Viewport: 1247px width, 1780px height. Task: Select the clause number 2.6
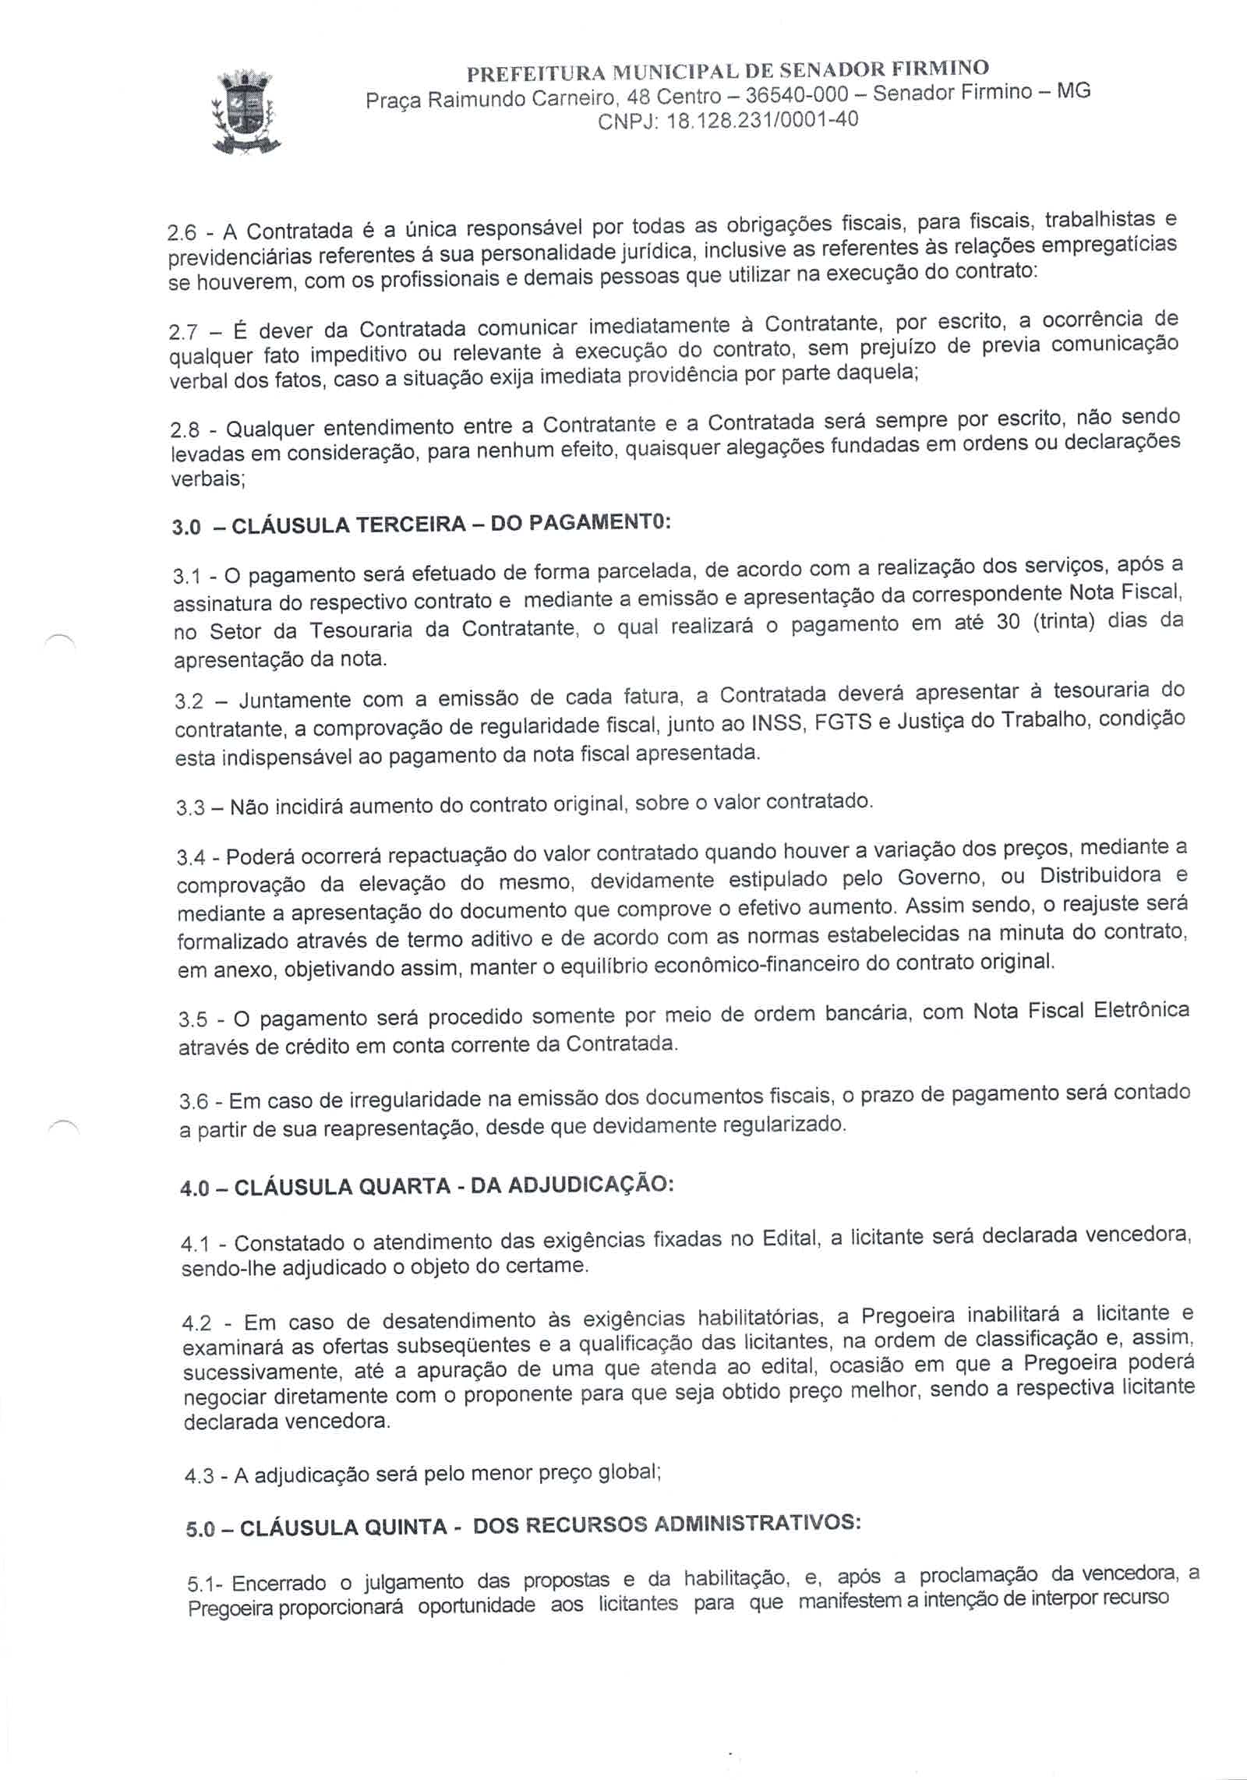pyautogui.click(x=184, y=234)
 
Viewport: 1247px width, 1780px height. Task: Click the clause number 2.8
pyautogui.click(x=185, y=431)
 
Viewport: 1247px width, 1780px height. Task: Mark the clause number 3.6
pyautogui.click(x=193, y=1101)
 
